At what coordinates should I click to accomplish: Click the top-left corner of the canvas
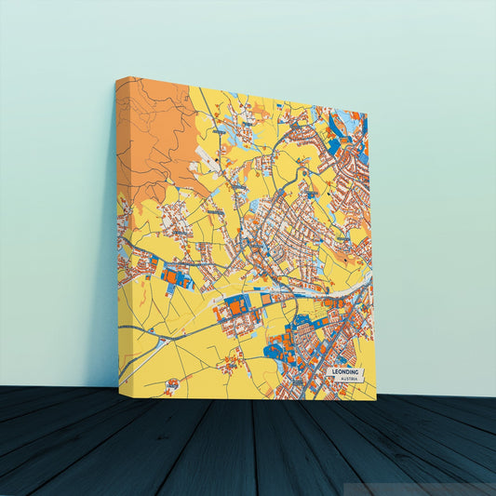(116, 78)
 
